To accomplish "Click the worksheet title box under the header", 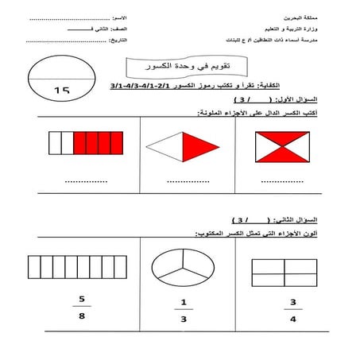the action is (180, 66).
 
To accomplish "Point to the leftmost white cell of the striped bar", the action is (54, 143).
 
